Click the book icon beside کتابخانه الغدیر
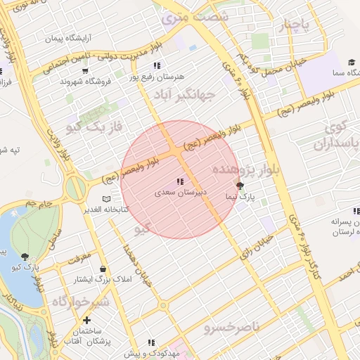point(106,200)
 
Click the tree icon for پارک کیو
point(26,257)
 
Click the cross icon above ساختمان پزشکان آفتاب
point(86,320)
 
